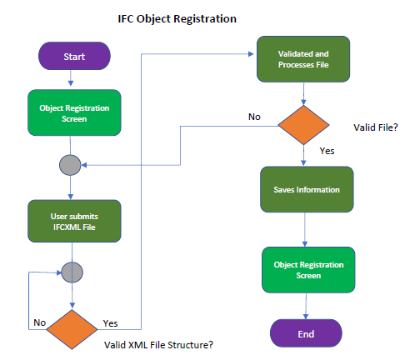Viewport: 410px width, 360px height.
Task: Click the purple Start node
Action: tap(73, 57)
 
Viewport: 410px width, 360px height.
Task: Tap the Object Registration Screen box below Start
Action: tap(73, 113)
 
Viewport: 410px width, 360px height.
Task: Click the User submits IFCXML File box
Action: tap(73, 221)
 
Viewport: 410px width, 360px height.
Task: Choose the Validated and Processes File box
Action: tap(302, 58)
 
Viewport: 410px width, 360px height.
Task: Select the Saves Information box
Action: tap(307, 189)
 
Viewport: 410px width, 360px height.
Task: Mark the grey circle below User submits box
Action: tap(73, 272)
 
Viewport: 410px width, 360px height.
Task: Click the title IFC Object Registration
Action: tap(177, 17)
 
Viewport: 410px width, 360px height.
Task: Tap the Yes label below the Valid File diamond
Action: tap(328, 152)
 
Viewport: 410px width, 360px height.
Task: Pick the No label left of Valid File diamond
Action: tap(254, 116)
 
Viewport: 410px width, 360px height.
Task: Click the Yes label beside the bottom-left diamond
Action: tap(110, 322)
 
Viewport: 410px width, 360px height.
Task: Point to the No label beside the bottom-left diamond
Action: tap(39, 320)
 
